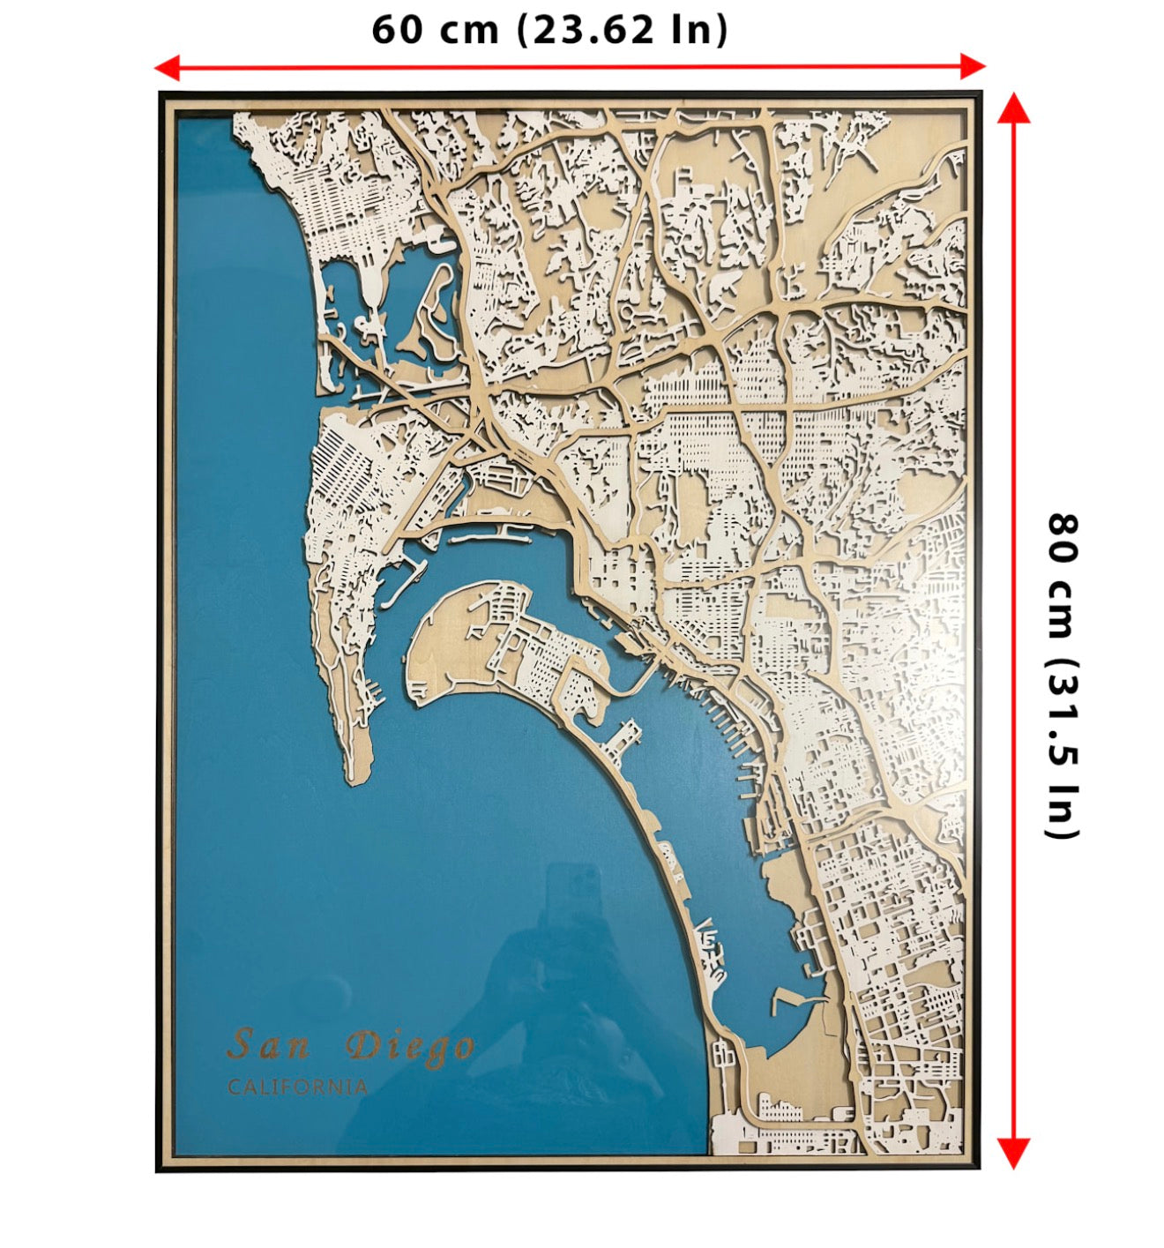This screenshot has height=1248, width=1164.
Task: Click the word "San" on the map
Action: (x=268, y=1045)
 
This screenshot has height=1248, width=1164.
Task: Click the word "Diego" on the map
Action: (x=410, y=1047)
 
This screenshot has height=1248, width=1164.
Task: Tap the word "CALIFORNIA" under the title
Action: (x=297, y=1087)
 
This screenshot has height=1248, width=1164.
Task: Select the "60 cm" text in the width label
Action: (x=435, y=29)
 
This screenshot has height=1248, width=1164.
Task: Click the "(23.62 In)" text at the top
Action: (x=623, y=29)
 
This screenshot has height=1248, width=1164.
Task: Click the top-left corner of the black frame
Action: (x=160, y=93)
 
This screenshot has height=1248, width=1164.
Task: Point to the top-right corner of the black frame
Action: (x=980, y=93)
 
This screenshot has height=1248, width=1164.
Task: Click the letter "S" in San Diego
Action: (x=239, y=1045)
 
